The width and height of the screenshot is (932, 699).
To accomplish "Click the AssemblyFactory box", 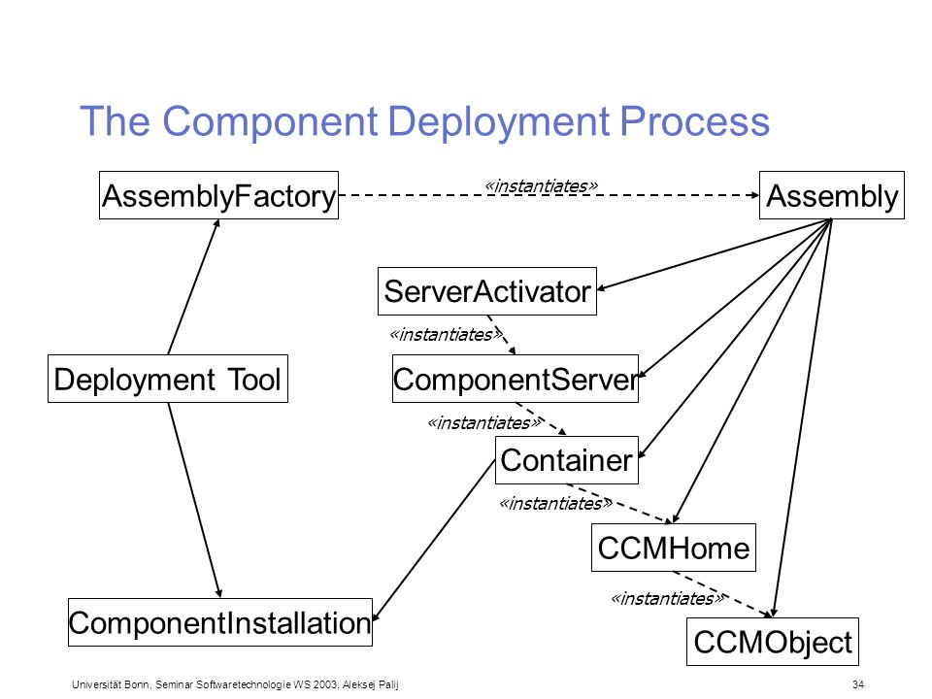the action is pyautogui.click(x=218, y=195).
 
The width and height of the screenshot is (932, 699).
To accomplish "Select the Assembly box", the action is pyautogui.click(x=832, y=195).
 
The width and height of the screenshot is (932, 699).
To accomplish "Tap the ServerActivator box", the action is pyautogui.click(x=486, y=291).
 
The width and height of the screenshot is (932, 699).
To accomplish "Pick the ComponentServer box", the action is pyautogui.click(x=516, y=379).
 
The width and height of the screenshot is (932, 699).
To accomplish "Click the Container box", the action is pyautogui.click(x=566, y=460).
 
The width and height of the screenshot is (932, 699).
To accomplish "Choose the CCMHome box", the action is pyautogui.click(x=674, y=548).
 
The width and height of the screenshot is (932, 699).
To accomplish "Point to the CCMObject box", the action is pyautogui.click(x=773, y=642).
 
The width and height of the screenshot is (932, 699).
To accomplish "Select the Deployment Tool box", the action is pyautogui.click(x=168, y=379).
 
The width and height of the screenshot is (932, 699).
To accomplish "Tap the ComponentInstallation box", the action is pyautogui.click(x=220, y=622).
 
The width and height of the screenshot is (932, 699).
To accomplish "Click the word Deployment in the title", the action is pyautogui.click(x=499, y=122).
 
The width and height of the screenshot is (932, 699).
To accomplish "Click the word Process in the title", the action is pyautogui.click(x=695, y=121).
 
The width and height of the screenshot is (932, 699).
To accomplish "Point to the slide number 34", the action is pyautogui.click(x=857, y=684).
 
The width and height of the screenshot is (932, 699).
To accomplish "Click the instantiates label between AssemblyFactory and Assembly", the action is pyautogui.click(x=542, y=186).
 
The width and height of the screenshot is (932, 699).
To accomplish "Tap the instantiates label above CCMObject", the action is pyautogui.click(x=668, y=598).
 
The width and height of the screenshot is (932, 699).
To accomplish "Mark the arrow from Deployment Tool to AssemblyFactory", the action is pyautogui.click(x=194, y=287).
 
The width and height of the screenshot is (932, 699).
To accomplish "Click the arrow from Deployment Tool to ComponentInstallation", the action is pyautogui.click(x=194, y=500).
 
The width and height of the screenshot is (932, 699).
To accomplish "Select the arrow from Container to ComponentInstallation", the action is pyautogui.click(x=434, y=541).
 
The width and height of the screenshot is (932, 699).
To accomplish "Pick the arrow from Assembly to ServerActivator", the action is pyautogui.click(x=714, y=254).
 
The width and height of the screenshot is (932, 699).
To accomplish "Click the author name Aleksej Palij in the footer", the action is pyautogui.click(x=370, y=684).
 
